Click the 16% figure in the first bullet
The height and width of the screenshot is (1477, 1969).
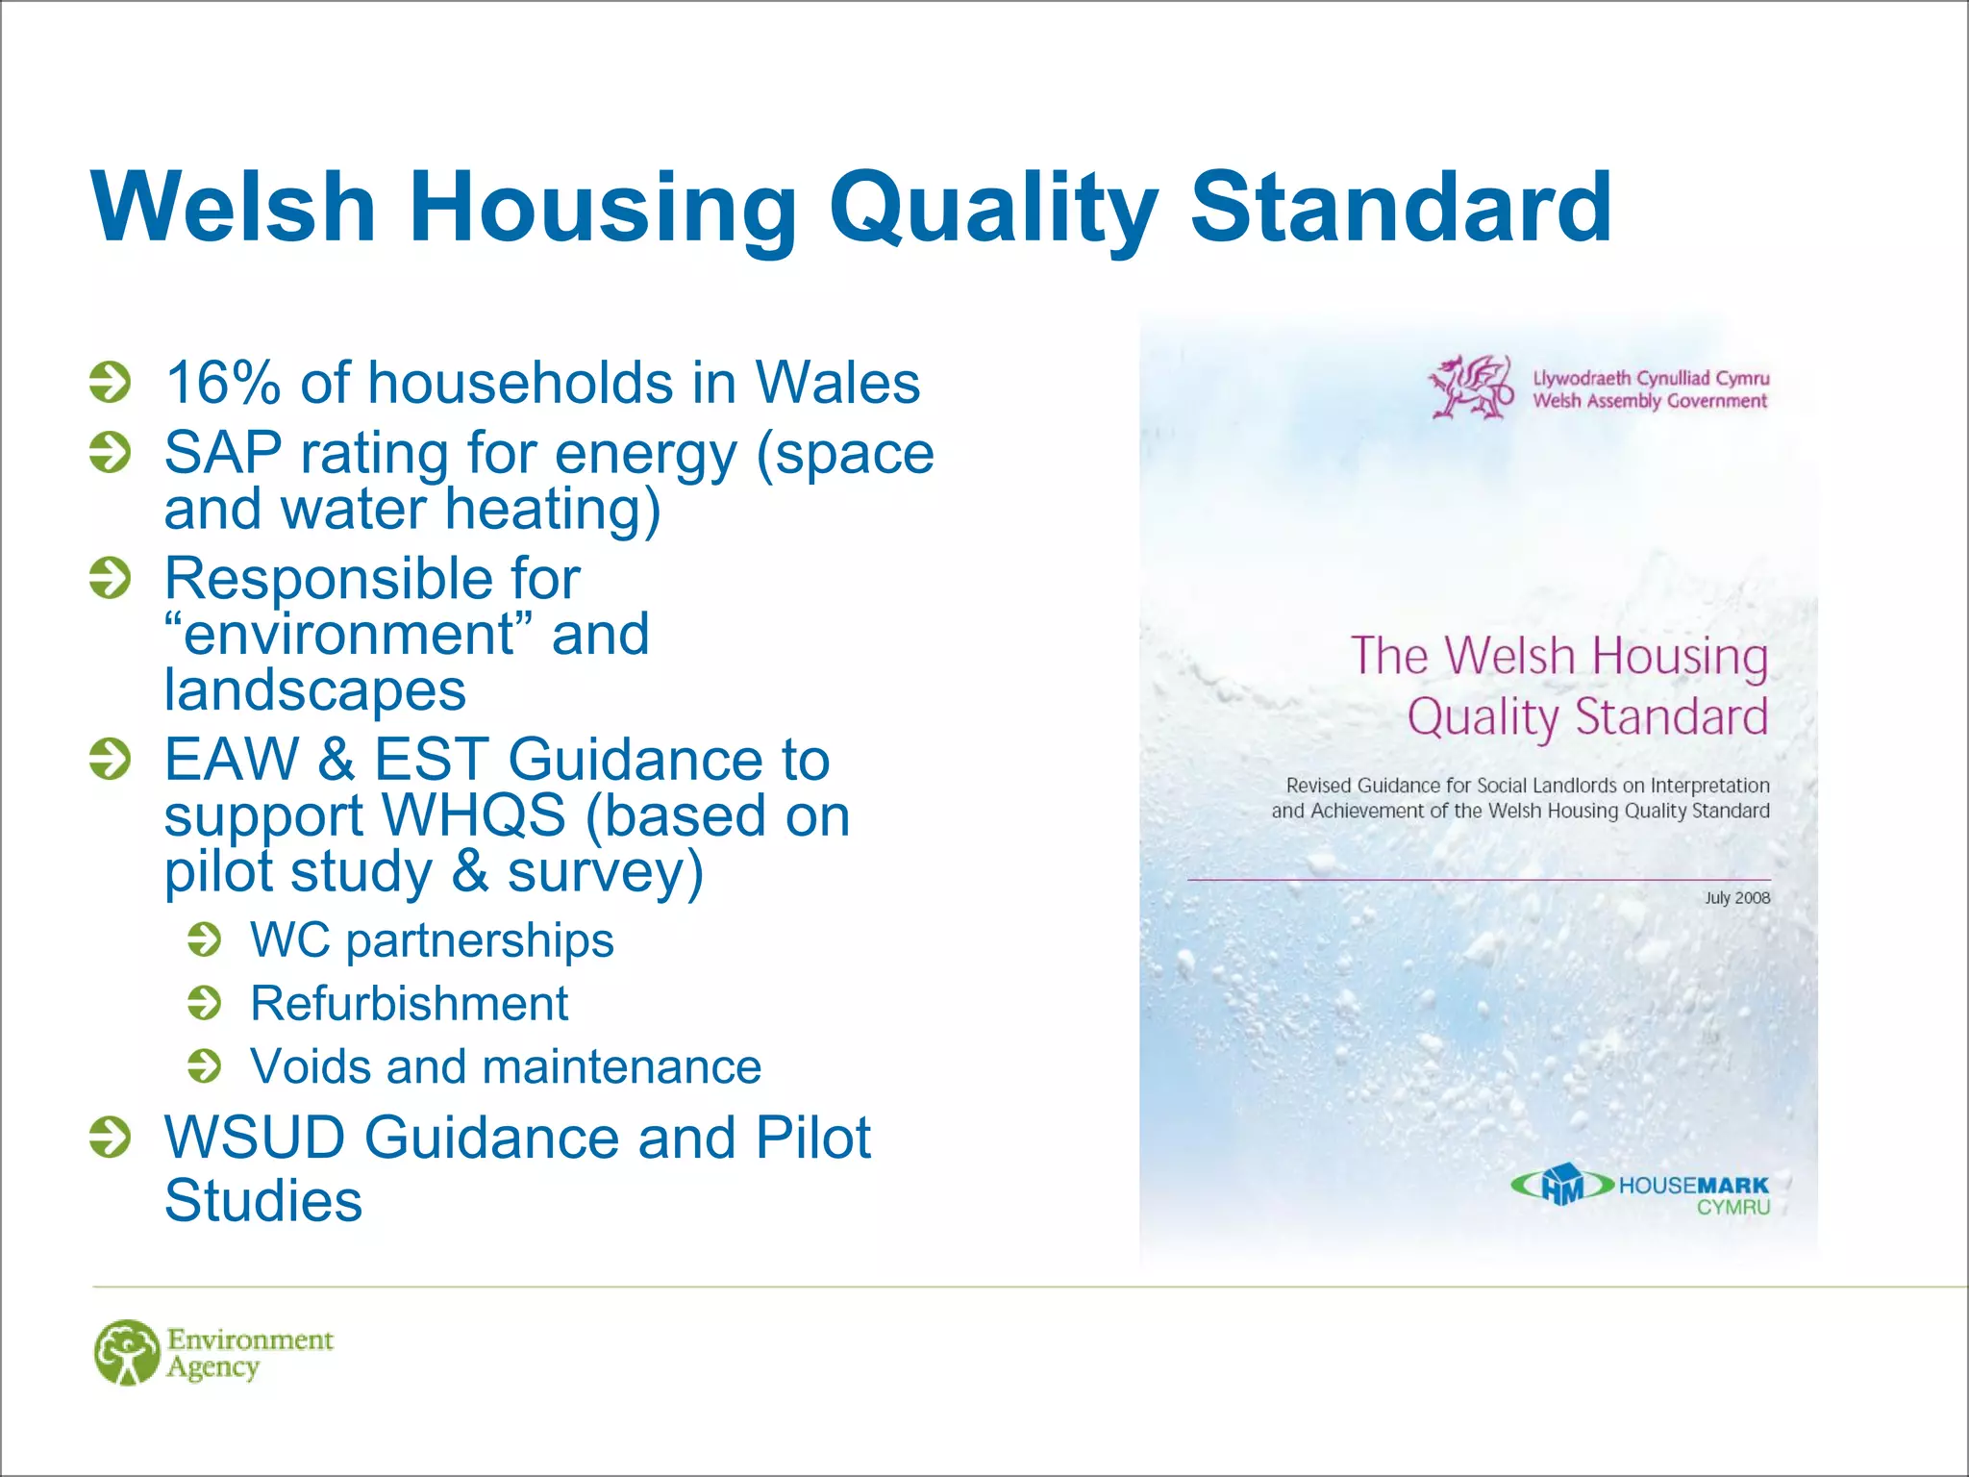pyautogui.click(x=222, y=383)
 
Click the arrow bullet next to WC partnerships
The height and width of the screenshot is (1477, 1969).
pyautogui.click(x=204, y=939)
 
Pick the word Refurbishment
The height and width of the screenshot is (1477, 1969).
pyautogui.click(x=409, y=1003)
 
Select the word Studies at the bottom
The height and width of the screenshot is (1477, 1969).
pyautogui.click(x=263, y=1201)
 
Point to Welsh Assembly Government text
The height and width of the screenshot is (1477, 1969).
pyautogui.click(x=1650, y=401)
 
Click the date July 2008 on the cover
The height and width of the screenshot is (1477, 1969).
pyautogui.click(x=1736, y=898)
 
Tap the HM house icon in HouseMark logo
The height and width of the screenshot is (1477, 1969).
pyautogui.click(x=1562, y=1185)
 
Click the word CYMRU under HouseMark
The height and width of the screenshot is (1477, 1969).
pyautogui.click(x=1732, y=1208)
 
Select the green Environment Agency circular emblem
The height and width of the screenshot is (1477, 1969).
pyautogui.click(x=127, y=1352)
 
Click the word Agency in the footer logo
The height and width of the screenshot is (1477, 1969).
pyautogui.click(x=212, y=1367)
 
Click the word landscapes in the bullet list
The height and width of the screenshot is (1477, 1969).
pyautogui.click(x=314, y=690)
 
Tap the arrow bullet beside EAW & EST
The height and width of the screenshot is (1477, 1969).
pyautogui.click(x=110, y=759)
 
